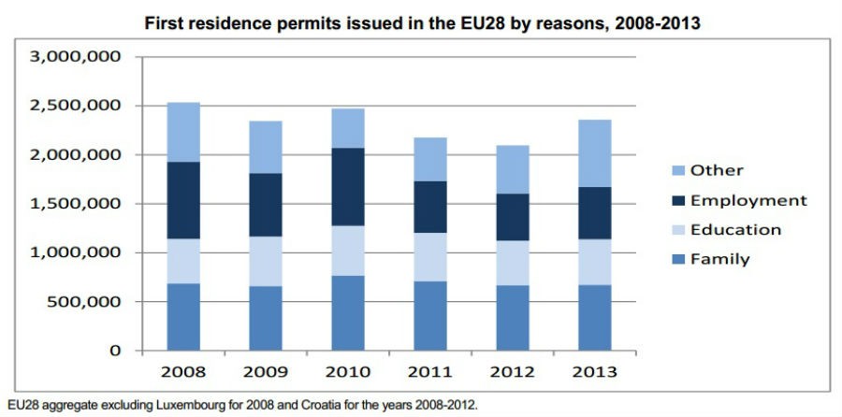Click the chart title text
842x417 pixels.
[x=421, y=22]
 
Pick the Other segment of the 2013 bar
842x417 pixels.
[x=589, y=153]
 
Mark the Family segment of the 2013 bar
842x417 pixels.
[x=589, y=317]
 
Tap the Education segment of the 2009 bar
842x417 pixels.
[x=265, y=261]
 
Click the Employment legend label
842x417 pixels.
[x=748, y=200]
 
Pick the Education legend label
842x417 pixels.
[x=736, y=230]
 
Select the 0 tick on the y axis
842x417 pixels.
[x=113, y=351]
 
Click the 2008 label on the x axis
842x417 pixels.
[x=183, y=371]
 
